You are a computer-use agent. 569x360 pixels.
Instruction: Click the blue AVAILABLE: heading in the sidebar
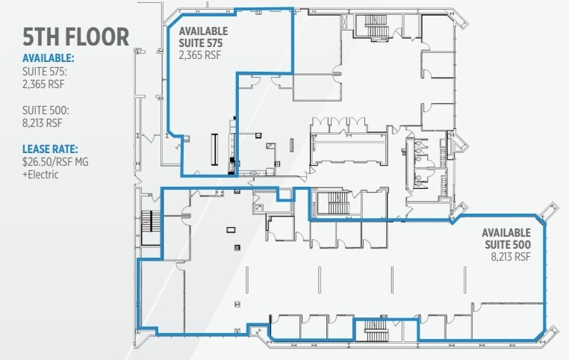(x=49, y=58)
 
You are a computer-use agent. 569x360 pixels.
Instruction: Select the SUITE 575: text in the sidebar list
(x=45, y=72)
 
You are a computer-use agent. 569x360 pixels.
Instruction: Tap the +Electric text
(x=40, y=173)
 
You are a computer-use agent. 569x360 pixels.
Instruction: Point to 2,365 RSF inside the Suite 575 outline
(x=199, y=54)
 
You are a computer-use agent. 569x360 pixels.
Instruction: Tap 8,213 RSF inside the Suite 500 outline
(x=510, y=257)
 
